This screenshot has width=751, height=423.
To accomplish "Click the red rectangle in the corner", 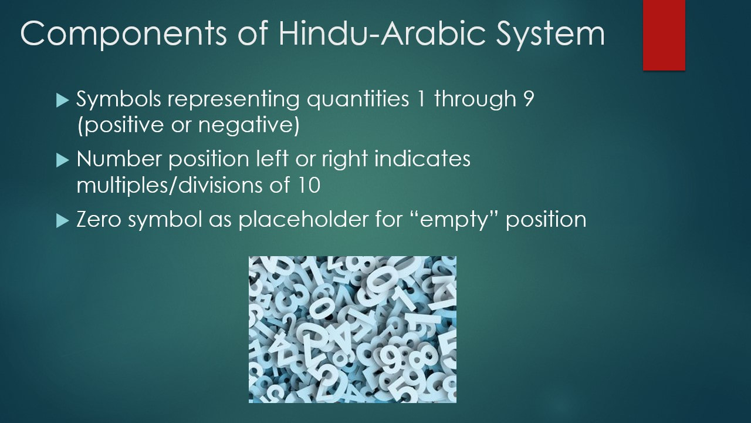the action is tap(664, 35).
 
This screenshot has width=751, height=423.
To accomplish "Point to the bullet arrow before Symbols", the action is tap(62, 100).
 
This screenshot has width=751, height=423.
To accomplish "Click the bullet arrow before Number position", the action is tap(62, 160).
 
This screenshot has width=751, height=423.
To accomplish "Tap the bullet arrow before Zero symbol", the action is tap(62, 221).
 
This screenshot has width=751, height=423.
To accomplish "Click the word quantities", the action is tap(358, 100).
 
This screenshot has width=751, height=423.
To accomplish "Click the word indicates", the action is tap(422, 159).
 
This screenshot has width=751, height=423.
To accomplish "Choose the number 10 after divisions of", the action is tap(309, 185).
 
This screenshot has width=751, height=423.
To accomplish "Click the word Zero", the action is tap(99, 220).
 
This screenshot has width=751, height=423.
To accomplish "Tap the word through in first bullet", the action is tap(475, 100).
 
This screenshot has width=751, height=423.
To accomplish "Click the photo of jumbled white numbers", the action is tap(353, 330).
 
